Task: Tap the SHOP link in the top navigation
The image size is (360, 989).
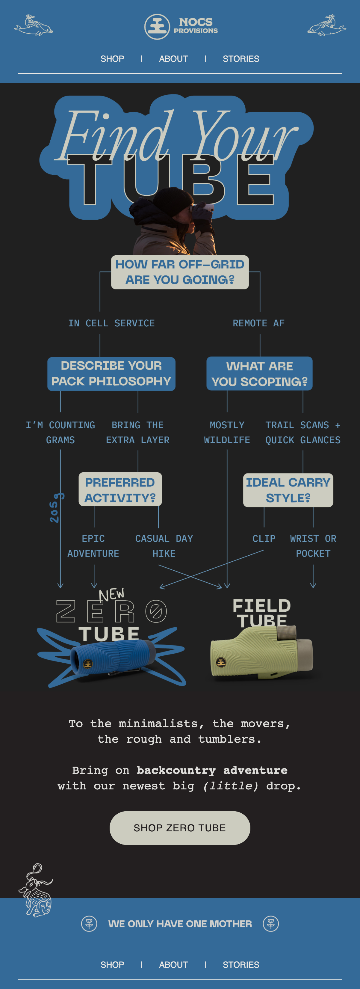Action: pos(112,59)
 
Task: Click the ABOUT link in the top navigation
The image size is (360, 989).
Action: pos(173,59)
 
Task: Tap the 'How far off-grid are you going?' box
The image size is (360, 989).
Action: pos(180,272)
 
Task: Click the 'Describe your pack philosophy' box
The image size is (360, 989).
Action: pos(111,373)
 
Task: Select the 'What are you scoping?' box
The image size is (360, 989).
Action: pos(259,373)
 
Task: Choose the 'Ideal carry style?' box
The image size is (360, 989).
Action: pos(288,490)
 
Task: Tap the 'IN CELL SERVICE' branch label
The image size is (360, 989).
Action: pos(111,323)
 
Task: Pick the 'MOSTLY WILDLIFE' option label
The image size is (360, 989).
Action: pos(227,432)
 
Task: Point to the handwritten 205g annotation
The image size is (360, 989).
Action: pos(56,508)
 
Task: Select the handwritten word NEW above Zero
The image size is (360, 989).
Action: pos(111,594)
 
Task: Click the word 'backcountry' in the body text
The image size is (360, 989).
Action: pos(176,770)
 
